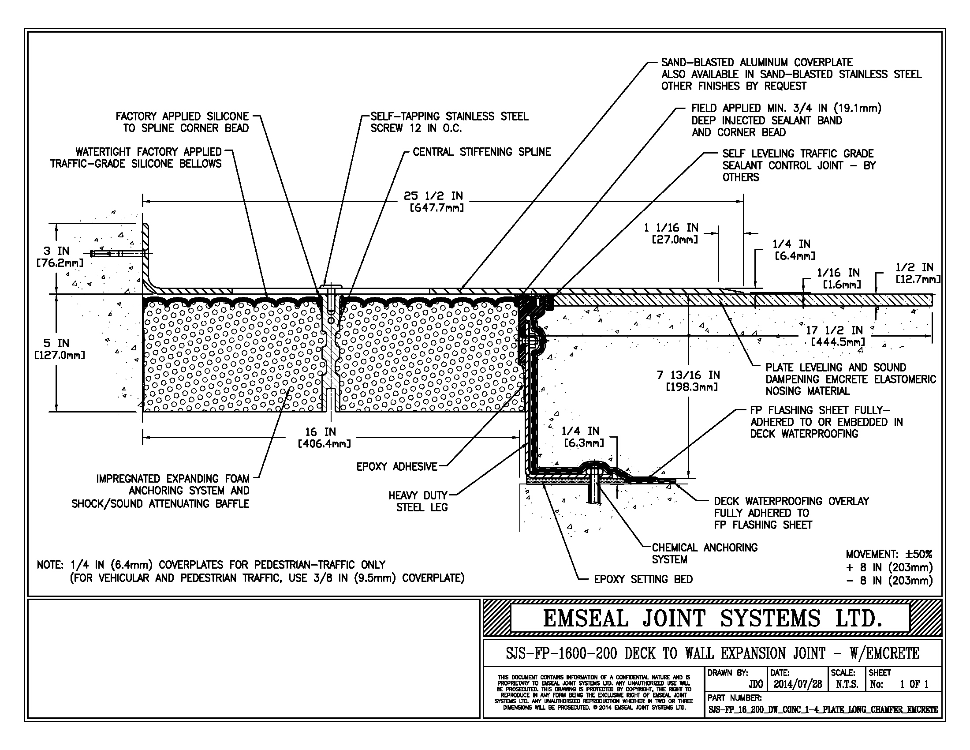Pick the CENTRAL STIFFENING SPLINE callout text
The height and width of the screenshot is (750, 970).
481,152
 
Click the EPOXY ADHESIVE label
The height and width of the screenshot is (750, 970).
397,466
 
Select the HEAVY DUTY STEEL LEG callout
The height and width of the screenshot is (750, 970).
418,501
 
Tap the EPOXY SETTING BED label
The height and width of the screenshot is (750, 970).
643,579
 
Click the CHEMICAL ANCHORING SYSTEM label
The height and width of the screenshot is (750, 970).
704,553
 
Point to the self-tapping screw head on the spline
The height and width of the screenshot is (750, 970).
330,287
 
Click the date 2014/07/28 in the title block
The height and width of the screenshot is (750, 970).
798,684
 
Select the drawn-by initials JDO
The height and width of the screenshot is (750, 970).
755,684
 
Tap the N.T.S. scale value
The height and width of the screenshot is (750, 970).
847,684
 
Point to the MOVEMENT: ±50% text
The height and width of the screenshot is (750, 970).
889,555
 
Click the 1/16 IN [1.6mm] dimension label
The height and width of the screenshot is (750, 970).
838,278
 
